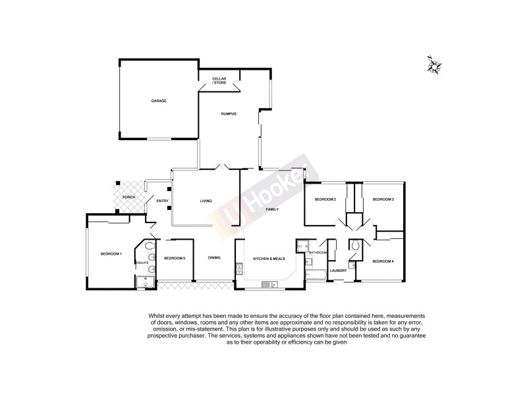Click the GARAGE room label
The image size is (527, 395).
pos(159,101)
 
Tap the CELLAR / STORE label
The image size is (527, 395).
pos(219,80)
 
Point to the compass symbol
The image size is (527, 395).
pos(434,66)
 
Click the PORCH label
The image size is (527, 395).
pos(128,197)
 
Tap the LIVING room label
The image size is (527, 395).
pos(206,201)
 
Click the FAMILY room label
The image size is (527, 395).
pos(272,209)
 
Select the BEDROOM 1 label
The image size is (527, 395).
pos(111,253)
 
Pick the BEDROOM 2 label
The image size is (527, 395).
pos(325,199)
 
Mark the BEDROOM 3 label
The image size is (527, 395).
pos(383,199)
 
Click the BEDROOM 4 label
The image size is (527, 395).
pos(383,261)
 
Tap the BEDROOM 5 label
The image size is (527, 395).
pos(175,257)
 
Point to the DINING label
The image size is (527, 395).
pos(214,257)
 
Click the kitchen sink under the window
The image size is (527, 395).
pos(268,285)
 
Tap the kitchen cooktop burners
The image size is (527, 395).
pos(239,269)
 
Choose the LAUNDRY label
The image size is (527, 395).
pos(339,271)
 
